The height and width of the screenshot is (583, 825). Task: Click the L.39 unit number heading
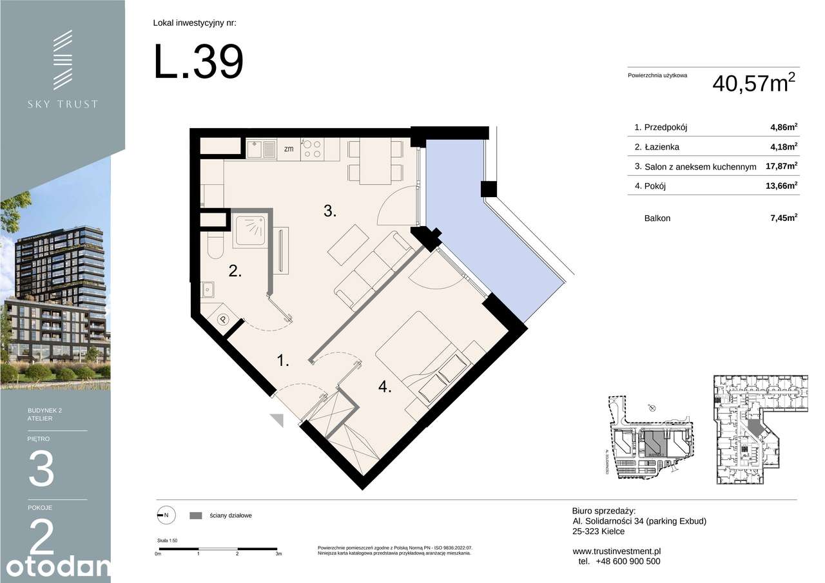pyautogui.click(x=199, y=62)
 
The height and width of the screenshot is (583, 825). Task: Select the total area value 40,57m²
pyautogui.click(x=753, y=83)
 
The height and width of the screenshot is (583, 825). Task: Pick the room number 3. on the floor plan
pyautogui.click(x=330, y=211)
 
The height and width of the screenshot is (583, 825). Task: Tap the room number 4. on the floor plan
pyautogui.click(x=385, y=387)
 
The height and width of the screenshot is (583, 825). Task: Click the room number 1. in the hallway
pyautogui.click(x=282, y=361)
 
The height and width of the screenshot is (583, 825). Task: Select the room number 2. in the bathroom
pyautogui.click(x=235, y=271)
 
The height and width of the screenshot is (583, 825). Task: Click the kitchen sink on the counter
pyautogui.click(x=262, y=149)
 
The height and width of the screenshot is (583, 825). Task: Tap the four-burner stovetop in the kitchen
pyautogui.click(x=312, y=149)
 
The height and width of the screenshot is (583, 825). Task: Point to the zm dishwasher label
pyautogui.click(x=289, y=149)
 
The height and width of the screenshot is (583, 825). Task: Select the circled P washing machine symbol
pyautogui.click(x=223, y=319)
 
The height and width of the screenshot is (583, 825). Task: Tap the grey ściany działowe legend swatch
pyautogui.click(x=196, y=515)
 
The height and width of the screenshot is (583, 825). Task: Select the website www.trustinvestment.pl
pyautogui.click(x=616, y=551)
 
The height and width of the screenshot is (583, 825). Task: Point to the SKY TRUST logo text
pyautogui.click(x=62, y=104)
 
